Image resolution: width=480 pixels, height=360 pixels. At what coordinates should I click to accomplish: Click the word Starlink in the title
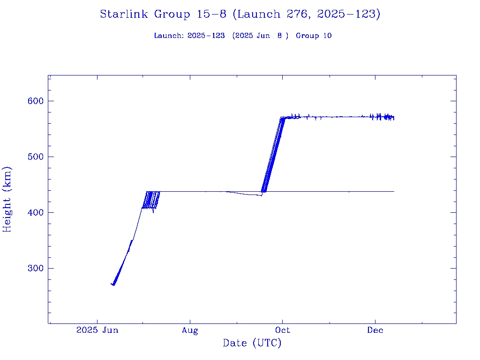click(x=124, y=15)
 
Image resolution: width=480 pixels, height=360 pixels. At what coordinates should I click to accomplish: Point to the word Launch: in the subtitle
click(x=169, y=36)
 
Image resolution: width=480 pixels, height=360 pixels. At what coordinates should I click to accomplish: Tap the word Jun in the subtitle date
click(x=262, y=36)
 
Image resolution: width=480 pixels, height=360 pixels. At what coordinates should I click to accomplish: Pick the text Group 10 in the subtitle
click(x=314, y=36)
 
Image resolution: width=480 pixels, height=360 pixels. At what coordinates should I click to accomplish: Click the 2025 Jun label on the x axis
click(x=97, y=330)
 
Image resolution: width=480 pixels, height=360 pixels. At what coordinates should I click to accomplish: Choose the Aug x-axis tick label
click(x=190, y=330)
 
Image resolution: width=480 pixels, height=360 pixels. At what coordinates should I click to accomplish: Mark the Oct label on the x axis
click(x=282, y=330)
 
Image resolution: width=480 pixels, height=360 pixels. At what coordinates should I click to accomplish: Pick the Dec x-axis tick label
click(x=375, y=330)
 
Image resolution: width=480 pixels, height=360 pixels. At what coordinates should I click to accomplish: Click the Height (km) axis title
click(x=7, y=199)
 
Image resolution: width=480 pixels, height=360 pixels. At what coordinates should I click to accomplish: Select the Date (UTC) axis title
click(x=252, y=344)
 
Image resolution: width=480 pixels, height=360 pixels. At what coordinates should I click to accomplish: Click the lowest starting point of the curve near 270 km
click(x=113, y=285)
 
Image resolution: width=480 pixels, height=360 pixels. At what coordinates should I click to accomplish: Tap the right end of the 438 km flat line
click(x=394, y=191)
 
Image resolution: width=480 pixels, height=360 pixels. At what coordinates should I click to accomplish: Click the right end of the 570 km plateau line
click(x=394, y=117)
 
